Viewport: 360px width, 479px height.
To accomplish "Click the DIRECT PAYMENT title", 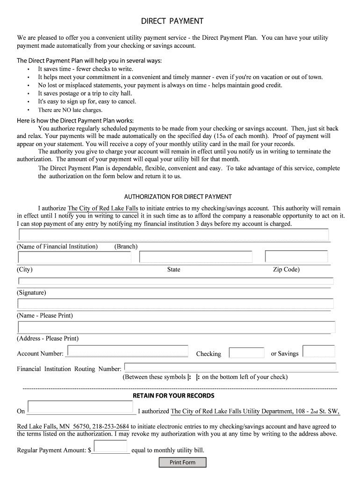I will (173, 21).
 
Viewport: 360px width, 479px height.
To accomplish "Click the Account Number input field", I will (128, 351).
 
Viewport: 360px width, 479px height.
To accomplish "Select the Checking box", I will (247, 353).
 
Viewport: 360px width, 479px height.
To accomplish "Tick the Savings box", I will (318, 351).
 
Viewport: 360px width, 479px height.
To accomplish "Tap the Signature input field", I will (176, 281).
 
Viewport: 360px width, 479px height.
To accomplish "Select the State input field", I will (195, 257).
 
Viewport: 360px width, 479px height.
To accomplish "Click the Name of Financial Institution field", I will (173, 235).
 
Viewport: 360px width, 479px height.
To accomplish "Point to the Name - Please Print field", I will (175, 304).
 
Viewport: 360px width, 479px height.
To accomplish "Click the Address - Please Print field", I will (176, 327).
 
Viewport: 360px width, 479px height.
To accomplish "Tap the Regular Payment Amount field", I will (110, 446).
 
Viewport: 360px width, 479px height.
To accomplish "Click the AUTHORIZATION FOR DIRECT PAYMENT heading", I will (178, 196).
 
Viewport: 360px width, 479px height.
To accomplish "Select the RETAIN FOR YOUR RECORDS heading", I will (173, 396).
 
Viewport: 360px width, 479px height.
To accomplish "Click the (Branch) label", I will (126, 247).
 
